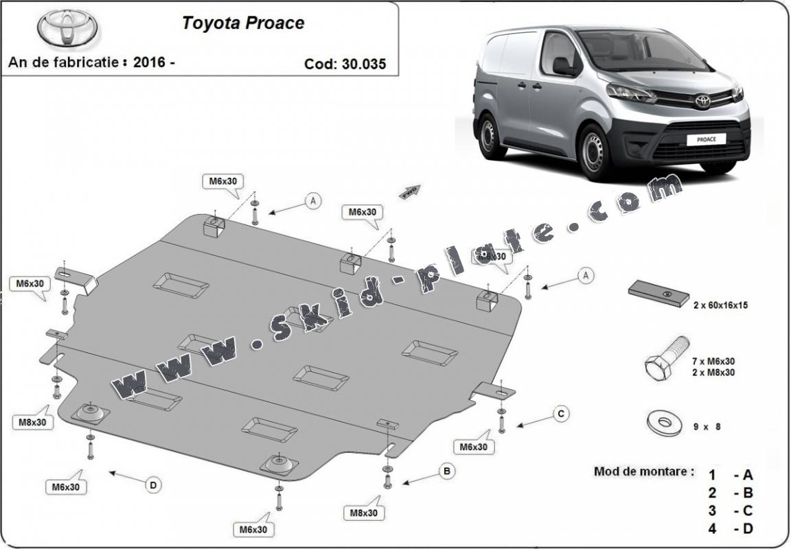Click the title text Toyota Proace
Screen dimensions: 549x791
pyautogui.click(x=242, y=23)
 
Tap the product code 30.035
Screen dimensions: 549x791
pyautogui.click(x=364, y=64)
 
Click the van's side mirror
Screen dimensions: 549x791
pyautogui.click(x=563, y=67)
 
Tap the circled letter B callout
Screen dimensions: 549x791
pyautogui.click(x=447, y=471)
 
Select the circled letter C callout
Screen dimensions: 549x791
pyautogui.click(x=561, y=413)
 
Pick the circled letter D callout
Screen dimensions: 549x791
pyautogui.click(x=153, y=485)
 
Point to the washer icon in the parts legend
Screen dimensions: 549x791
pyautogui.click(x=664, y=421)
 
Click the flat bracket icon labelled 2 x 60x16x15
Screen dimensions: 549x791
pyautogui.click(x=658, y=294)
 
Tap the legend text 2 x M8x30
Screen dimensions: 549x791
pyautogui.click(x=714, y=373)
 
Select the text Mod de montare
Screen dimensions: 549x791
pyautogui.click(x=643, y=472)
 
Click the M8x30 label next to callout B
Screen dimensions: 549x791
pyautogui.click(x=364, y=512)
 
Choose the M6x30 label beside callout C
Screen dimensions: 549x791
pyautogui.click(x=474, y=447)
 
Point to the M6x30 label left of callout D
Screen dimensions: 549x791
pyautogui.click(x=65, y=487)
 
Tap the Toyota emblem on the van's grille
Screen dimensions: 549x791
pyautogui.click(x=702, y=101)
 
